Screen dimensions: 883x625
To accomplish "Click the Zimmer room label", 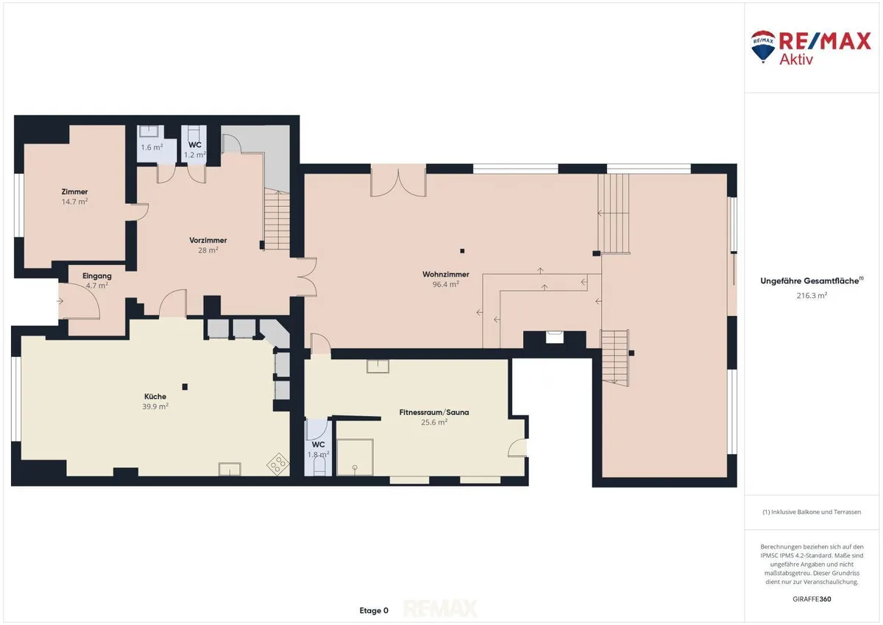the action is (x=74, y=192).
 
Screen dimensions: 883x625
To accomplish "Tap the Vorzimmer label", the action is (x=208, y=240).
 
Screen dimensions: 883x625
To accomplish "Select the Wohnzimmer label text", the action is (x=446, y=274).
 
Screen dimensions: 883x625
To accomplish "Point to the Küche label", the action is (x=155, y=396).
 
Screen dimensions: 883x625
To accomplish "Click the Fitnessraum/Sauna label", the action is (x=434, y=412).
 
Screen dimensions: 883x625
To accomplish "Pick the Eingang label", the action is (x=97, y=276).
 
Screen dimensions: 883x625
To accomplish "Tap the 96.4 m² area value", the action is (x=446, y=284).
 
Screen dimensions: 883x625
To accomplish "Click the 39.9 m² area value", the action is (x=155, y=406).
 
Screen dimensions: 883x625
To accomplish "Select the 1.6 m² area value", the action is (x=152, y=147).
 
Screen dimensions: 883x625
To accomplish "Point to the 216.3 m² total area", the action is (x=812, y=295).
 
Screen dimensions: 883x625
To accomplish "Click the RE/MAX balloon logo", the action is (x=763, y=46).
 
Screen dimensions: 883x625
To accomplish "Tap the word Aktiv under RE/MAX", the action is (x=796, y=60).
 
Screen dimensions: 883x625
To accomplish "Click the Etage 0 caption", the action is (x=374, y=610).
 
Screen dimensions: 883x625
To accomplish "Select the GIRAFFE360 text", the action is (x=812, y=599).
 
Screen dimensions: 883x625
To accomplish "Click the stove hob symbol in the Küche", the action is (x=278, y=464).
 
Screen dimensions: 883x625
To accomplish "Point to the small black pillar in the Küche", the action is (x=185, y=386).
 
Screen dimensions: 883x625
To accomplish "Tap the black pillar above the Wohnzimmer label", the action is (x=462, y=251).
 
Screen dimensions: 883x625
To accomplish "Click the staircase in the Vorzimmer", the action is (x=277, y=219).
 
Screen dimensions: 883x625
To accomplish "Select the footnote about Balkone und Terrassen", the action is (x=812, y=512).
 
